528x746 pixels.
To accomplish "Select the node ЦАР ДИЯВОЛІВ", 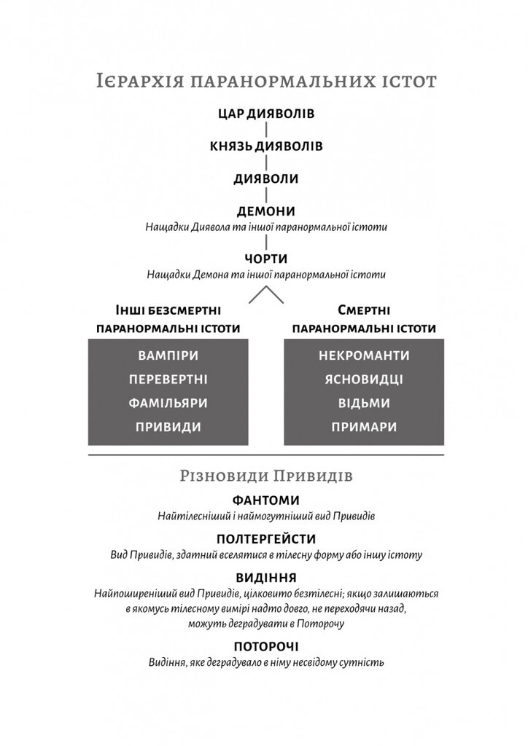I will (266, 114).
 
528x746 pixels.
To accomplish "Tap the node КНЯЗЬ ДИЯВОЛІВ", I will (266, 146).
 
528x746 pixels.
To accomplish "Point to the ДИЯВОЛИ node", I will (266, 178).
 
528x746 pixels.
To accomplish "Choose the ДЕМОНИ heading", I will (266, 211).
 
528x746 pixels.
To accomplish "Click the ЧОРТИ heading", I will (266, 259).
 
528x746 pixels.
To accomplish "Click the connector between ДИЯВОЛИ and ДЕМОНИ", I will (266, 195).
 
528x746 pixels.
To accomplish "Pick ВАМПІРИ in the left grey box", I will (168, 356).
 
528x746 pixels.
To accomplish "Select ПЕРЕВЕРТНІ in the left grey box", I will (168, 380).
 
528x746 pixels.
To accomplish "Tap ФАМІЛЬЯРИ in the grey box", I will (168, 403).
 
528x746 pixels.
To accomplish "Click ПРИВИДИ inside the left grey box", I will (168, 427).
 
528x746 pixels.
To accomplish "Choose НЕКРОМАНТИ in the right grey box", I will (364, 356).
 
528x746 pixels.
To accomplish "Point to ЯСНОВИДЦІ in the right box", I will (364, 380).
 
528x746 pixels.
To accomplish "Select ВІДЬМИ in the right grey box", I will (364, 403).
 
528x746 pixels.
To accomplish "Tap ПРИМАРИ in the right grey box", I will (364, 427).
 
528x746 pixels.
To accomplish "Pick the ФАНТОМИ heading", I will (266, 500).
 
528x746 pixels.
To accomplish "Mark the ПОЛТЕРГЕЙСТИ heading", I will (266, 539).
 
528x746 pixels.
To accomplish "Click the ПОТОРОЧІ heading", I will (266, 646).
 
